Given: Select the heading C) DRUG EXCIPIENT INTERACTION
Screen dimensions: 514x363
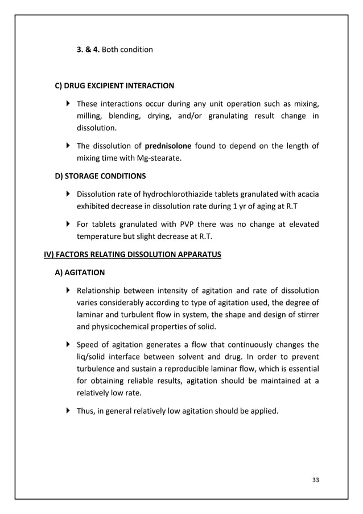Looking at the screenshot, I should (x=114, y=86).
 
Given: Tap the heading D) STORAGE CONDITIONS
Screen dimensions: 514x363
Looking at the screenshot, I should (x=100, y=176).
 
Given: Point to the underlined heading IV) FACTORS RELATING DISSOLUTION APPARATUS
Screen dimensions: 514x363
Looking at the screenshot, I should (x=133, y=254).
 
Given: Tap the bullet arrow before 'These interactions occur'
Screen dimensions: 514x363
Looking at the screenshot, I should (x=68, y=104).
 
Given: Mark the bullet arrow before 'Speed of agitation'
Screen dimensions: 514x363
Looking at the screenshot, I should (x=68, y=344).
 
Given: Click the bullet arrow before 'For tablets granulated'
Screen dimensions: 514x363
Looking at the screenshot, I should (x=68, y=224).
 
